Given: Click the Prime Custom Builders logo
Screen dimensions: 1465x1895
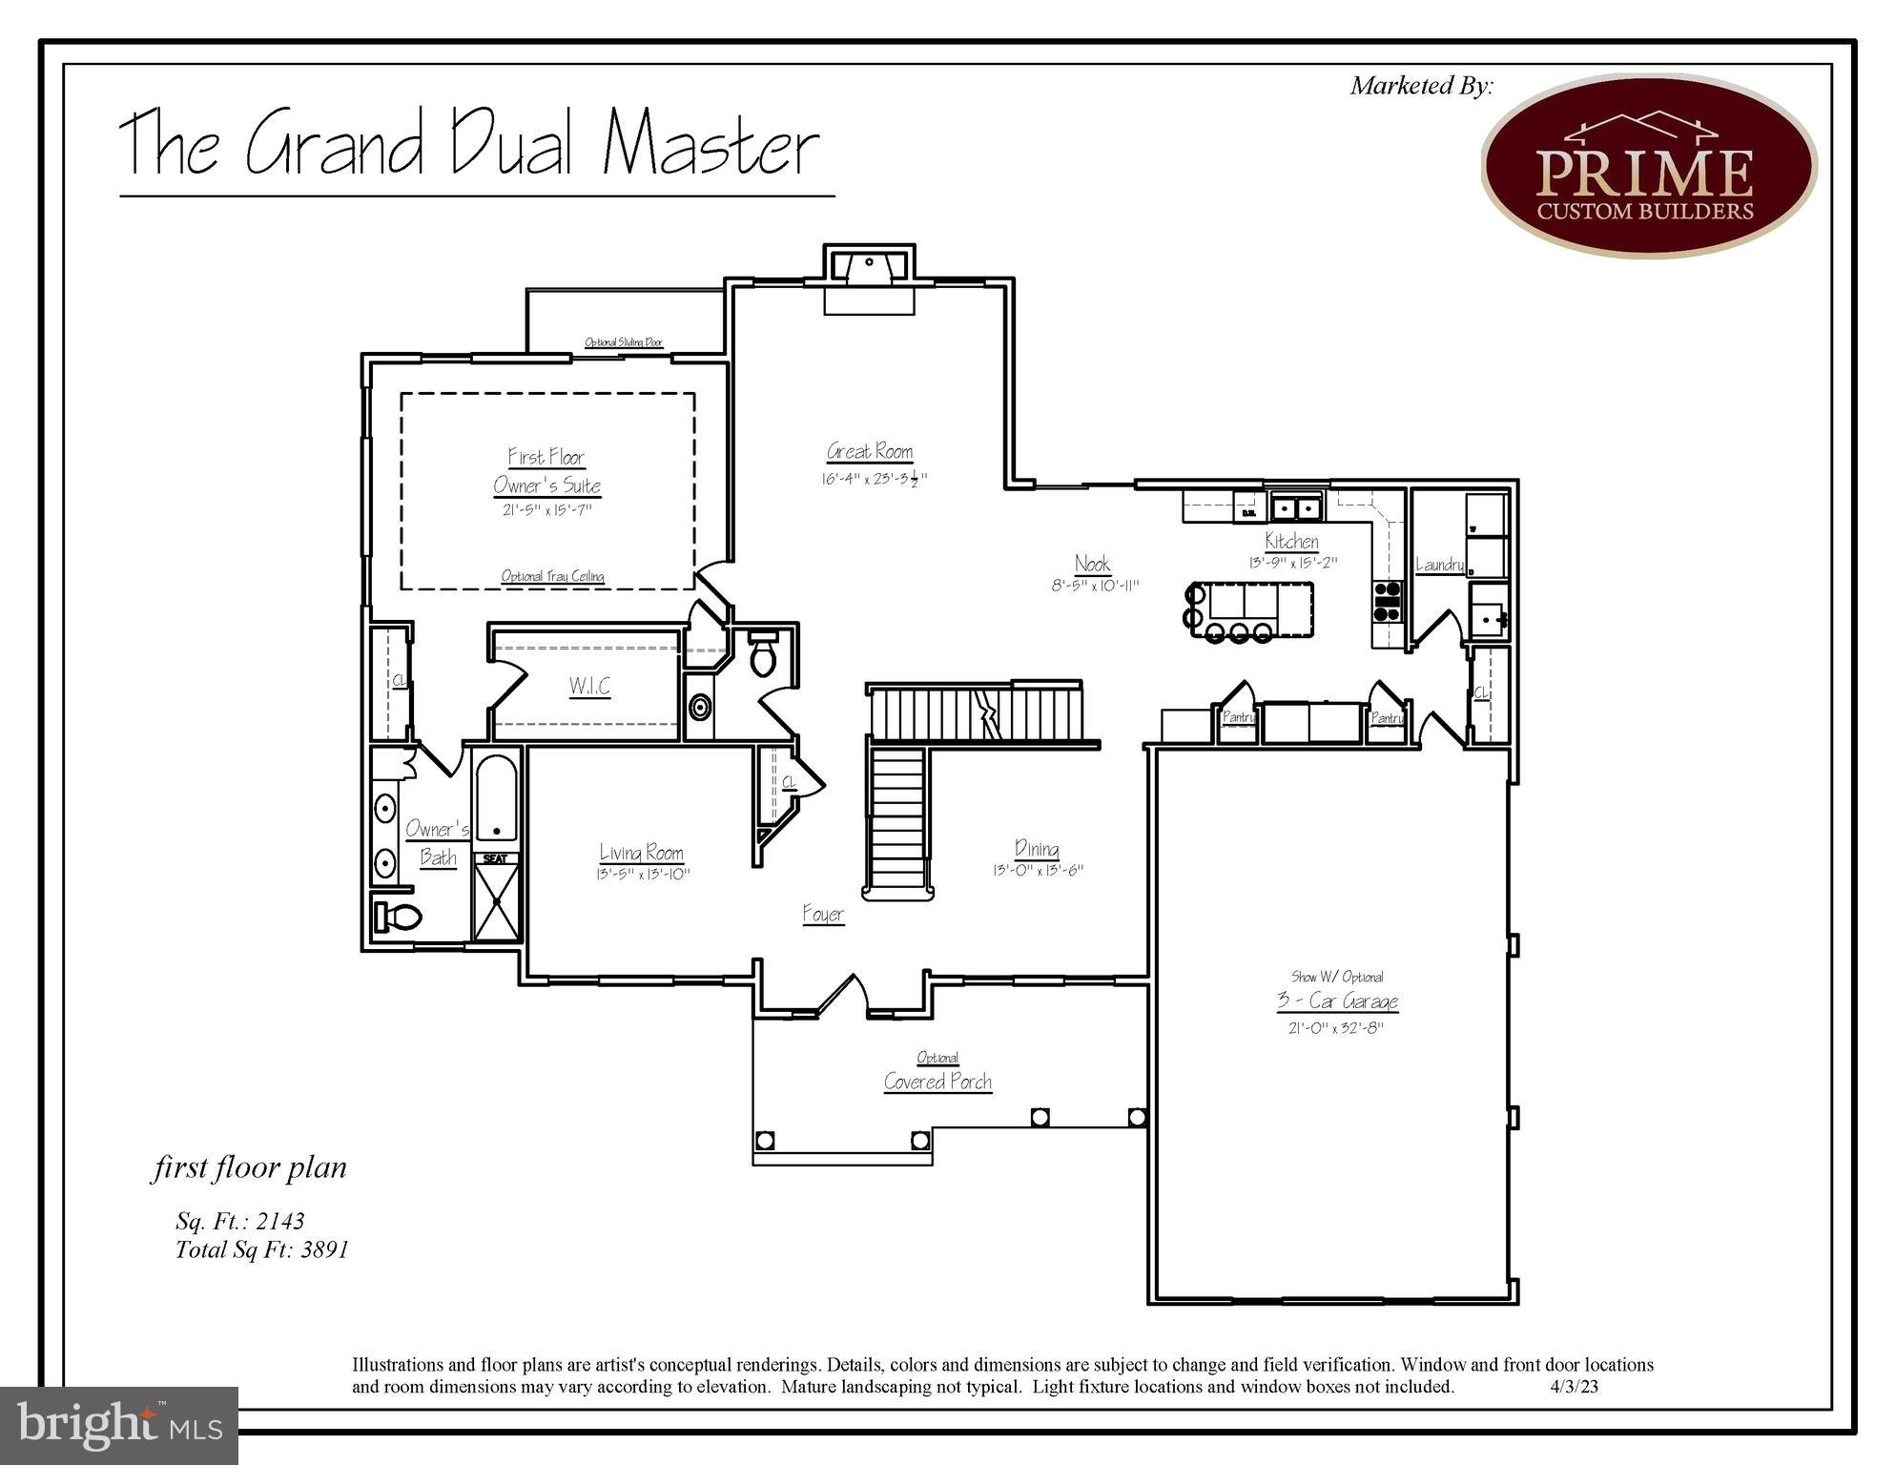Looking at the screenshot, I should click(x=1648, y=166).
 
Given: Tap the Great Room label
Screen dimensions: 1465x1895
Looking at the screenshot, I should click(x=870, y=451).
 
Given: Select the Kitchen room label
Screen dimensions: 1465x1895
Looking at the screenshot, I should click(x=1291, y=541).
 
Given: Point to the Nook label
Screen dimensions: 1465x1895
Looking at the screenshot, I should click(x=1093, y=564).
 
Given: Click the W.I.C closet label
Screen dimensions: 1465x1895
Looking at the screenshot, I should click(x=589, y=686).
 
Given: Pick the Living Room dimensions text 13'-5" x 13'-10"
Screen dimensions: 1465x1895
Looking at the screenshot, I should click(x=643, y=874).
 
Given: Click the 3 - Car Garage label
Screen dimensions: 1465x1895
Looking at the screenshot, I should click(x=1338, y=1001).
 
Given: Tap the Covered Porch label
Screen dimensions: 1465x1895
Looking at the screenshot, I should click(x=937, y=1082).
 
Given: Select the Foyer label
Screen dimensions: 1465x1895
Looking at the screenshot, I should click(x=823, y=915).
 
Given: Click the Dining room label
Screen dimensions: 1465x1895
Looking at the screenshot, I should click(x=1037, y=849).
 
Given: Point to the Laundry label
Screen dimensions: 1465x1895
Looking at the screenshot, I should click(x=1439, y=565).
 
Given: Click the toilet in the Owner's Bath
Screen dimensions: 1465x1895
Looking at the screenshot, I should click(x=399, y=918).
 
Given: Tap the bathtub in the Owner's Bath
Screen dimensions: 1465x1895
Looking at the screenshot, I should click(x=496, y=797).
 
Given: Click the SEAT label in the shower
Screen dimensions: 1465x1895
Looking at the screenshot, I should click(x=496, y=859).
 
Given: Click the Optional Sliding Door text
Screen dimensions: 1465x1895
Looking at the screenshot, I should click(x=624, y=342).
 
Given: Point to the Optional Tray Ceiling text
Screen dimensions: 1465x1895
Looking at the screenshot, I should click(x=553, y=576).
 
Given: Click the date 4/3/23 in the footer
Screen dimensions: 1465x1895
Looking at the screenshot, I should click(x=1574, y=1387).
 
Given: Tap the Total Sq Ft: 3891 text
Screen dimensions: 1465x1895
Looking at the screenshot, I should click(x=262, y=1249).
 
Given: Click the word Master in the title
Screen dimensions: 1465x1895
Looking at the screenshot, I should click(x=711, y=145).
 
